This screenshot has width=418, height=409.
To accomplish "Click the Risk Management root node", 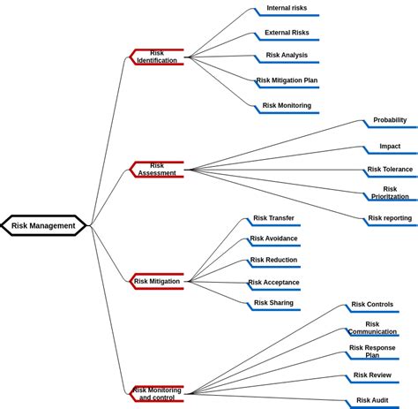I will coord(43,225).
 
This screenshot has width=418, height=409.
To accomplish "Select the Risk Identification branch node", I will coord(157,57).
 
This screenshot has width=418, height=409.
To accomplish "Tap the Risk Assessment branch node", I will coord(157,169).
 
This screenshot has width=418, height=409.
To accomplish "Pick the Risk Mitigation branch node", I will coord(157,281).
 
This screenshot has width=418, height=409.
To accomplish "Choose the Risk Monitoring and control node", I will coord(157,393).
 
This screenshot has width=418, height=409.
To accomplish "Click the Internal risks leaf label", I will coord(287,8).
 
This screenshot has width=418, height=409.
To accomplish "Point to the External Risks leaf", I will coord(287,33).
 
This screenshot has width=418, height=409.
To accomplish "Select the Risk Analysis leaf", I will coord(287,55).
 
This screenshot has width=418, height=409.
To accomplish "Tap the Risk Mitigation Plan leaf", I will coord(287,80).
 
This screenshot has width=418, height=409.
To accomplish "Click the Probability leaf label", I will coord(390,120).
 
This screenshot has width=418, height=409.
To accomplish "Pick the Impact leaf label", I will coord(390,146).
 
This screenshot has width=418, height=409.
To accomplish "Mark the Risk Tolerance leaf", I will coord(390,169).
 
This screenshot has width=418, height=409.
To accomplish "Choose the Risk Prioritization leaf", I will coord(390,193).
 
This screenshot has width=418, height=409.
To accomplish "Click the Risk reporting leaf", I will coord(390,218).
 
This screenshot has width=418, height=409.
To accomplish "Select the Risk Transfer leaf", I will coord(273,218).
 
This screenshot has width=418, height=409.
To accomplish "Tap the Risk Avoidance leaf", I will coord(273,239).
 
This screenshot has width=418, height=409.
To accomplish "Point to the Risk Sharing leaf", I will coord(273,303).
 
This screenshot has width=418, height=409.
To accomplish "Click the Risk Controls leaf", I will coord(372,305).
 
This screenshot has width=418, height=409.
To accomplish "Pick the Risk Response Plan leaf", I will coord(372,351).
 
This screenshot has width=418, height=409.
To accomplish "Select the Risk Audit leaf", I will coord(372,400).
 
